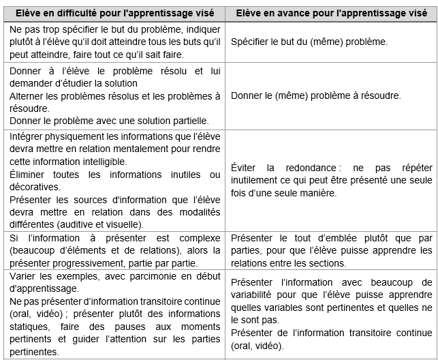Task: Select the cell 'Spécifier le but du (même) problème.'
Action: pos(309,42)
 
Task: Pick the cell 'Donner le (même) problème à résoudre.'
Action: pos(316,95)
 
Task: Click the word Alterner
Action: pos(29,95)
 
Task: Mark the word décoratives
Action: pos(35,187)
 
